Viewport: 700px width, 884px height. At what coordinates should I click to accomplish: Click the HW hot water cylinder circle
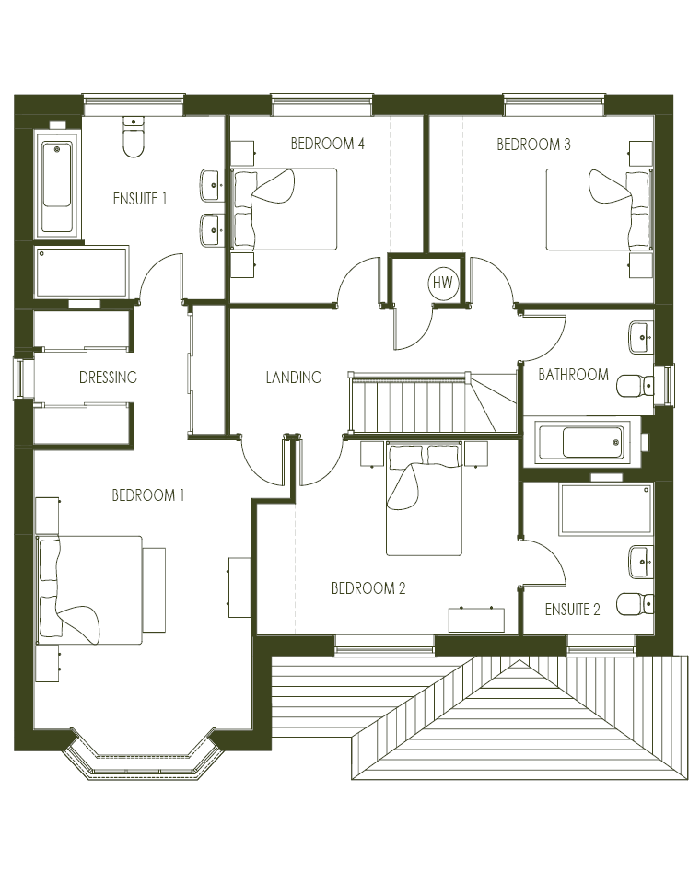[443, 283]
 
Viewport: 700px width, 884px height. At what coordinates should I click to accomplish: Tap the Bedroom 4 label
[327, 144]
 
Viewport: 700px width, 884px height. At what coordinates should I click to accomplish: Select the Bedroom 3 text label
[533, 145]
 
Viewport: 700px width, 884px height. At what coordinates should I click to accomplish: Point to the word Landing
[294, 377]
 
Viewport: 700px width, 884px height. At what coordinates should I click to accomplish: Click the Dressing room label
[109, 378]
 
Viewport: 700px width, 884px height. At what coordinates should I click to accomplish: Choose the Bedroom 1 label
[147, 495]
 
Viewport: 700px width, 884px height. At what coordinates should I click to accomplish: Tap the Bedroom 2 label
[368, 588]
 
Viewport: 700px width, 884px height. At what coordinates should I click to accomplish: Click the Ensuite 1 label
[140, 199]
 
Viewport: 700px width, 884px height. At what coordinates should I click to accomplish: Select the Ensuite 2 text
[573, 609]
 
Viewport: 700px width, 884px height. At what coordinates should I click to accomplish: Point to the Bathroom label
[574, 375]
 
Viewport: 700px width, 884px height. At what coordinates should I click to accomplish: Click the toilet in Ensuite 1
[134, 137]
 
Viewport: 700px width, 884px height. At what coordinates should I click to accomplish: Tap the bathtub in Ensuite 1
[57, 184]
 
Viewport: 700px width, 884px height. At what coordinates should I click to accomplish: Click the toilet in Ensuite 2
[635, 604]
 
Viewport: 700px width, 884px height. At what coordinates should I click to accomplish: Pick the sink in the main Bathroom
[641, 337]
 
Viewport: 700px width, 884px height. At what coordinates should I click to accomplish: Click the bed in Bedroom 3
[600, 209]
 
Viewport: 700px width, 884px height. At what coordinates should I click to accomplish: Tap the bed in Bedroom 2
[425, 498]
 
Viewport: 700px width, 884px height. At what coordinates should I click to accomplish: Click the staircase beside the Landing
[433, 402]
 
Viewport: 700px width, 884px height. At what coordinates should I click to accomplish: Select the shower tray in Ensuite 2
[606, 509]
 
